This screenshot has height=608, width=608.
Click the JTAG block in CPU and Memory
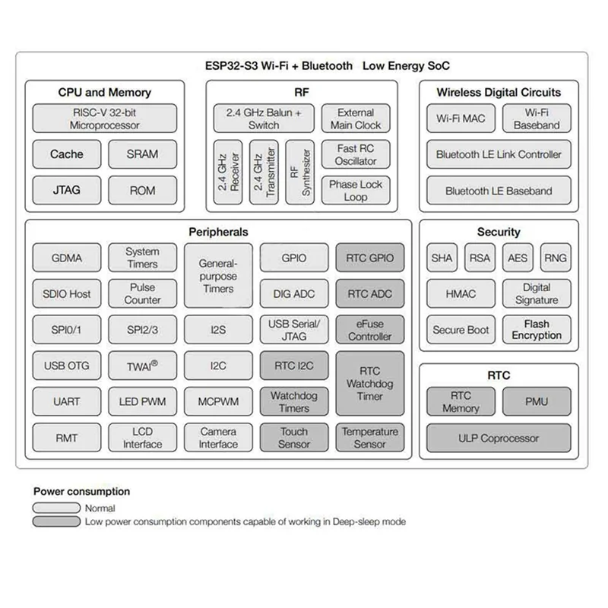(67, 190)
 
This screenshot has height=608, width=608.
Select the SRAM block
(142, 154)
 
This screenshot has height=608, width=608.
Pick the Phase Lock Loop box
(355, 190)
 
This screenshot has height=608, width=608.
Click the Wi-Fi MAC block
(461, 119)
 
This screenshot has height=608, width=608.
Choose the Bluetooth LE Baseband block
(499, 191)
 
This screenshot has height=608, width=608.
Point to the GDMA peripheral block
(67, 258)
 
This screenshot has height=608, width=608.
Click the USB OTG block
(67, 366)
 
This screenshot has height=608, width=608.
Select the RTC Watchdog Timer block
(370, 384)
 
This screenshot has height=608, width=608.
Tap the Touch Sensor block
(294, 438)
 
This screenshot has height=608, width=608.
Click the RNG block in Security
(556, 258)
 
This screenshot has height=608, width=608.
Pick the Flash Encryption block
(537, 330)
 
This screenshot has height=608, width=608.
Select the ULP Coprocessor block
(499, 438)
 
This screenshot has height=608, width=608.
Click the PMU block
(537, 401)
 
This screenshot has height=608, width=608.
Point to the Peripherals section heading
(218, 232)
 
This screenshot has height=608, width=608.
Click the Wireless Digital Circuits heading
(499, 93)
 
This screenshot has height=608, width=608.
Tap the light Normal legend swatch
(56, 508)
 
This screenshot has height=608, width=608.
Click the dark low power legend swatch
(56, 521)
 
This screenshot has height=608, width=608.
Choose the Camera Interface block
(218, 438)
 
